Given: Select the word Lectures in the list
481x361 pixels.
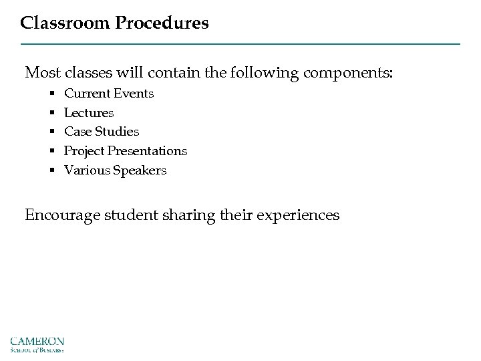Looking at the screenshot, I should tap(89, 113).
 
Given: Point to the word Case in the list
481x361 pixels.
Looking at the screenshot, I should tap(77, 132).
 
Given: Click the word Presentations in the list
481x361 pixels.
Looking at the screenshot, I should tap(148, 151).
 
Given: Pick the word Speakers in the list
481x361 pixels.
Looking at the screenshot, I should tap(139, 170).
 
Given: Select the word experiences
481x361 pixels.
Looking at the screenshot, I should tap(297, 215).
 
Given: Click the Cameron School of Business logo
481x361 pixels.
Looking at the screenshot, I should tap(37, 342).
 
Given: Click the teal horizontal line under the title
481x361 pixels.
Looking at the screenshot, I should tap(240, 44).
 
